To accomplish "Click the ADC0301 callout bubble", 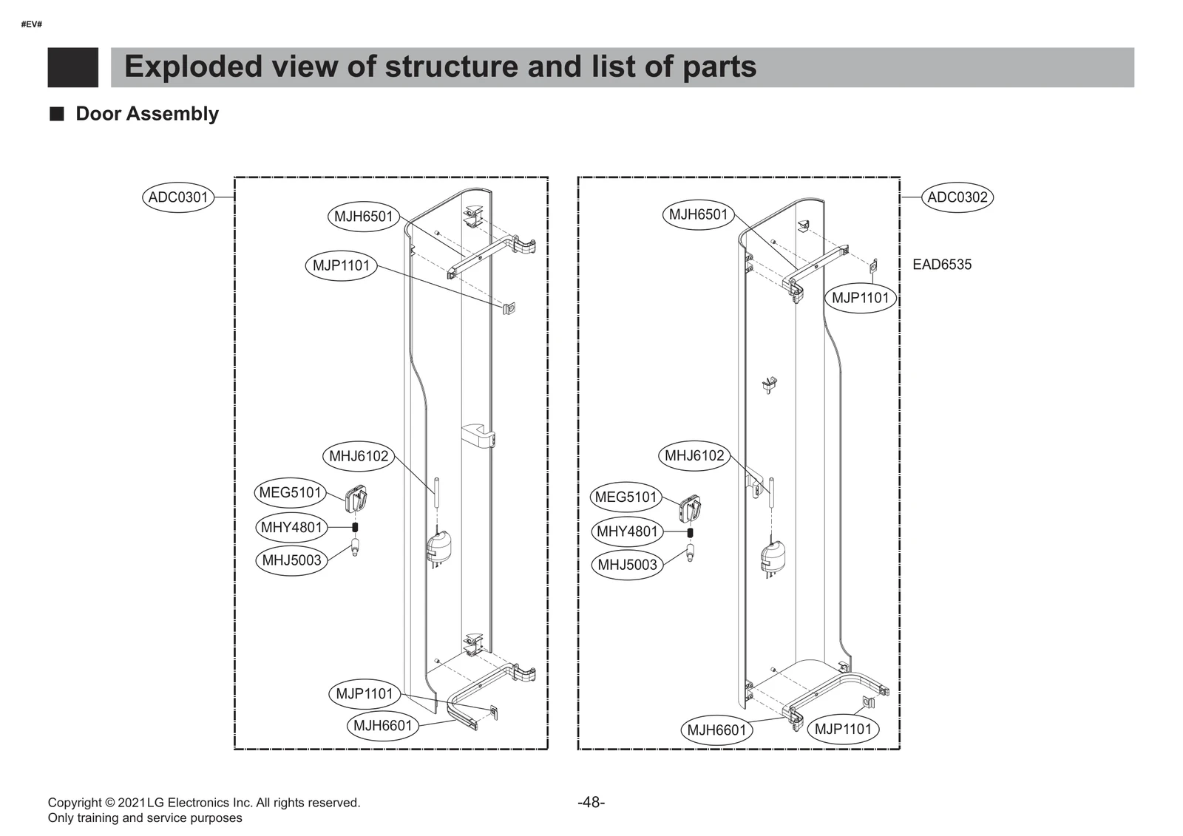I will pyautogui.click(x=178, y=197).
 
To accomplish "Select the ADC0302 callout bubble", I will pyautogui.click(x=957, y=197).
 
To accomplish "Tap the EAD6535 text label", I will pyautogui.click(x=942, y=265).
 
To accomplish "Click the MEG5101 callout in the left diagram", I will pyautogui.click(x=291, y=493).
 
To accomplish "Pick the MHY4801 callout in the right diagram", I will pyautogui.click(x=627, y=531).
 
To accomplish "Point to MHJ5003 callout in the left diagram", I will pyautogui.click(x=292, y=560).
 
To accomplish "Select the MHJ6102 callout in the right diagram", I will pyautogui.click(x=694, y=455).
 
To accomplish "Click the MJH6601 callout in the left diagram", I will pyautogui.click(x=382, y=726).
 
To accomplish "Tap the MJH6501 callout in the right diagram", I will pyautogui.click(x=699, y=215).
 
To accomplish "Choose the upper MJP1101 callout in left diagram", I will pyautogui.click(x=341, y=265).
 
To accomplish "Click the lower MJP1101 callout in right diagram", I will pyautogui.click(x=843, y=730).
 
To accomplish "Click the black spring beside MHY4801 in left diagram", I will pyautogui.click(x=355, y=527).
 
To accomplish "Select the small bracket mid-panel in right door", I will pyautogui.click(x=770, y=384).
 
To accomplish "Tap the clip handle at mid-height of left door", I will pyautogui.click(x=478, y=435).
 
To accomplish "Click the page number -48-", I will pyautogui.click(x=591, y=803).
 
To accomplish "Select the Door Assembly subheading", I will pyautogui.click(x=147, y=114).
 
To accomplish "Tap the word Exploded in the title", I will pyautogui.click(x=193, y=67).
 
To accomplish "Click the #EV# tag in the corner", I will pyautogui.click(x=32, y=24).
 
